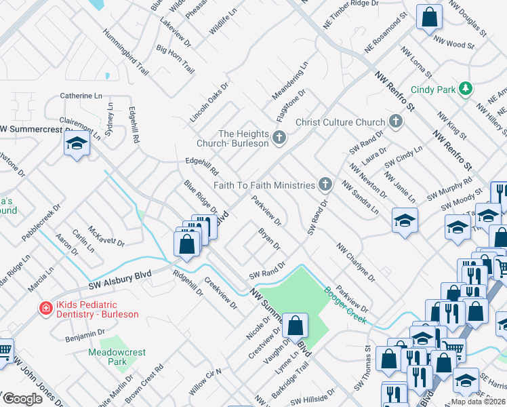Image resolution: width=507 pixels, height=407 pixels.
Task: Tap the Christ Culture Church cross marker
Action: point(396,122)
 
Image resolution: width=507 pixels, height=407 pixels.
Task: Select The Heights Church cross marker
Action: point(278,138)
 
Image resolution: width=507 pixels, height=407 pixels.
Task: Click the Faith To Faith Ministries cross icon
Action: point(326,185)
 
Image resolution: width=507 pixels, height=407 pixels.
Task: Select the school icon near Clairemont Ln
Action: point(77,143)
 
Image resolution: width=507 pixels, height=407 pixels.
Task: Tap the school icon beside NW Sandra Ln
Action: point(405,220)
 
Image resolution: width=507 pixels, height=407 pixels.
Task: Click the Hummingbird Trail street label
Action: point(125,52)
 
